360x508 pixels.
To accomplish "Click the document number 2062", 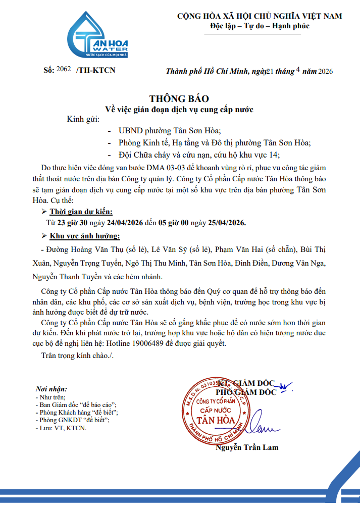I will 64,69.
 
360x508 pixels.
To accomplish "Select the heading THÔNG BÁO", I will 179,98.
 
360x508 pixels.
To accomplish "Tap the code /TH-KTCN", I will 95,70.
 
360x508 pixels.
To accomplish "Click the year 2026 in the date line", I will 326,71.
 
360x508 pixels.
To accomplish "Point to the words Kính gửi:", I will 83,119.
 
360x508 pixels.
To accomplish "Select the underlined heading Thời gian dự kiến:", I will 81,211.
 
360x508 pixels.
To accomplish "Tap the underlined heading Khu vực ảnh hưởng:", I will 85,236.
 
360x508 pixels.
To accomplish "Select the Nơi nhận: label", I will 51,389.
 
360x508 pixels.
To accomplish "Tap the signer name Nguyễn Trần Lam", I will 247,447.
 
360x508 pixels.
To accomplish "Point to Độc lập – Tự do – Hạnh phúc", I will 260,26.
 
